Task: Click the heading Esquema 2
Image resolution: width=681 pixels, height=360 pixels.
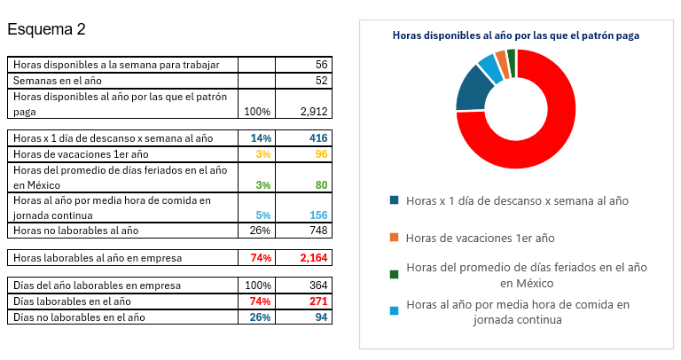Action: pos(46,29)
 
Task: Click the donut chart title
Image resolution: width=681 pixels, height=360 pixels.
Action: pos(516,35)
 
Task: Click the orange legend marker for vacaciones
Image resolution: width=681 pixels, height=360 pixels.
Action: pos(395,239)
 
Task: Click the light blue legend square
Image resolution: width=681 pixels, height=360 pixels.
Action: pos(395,311)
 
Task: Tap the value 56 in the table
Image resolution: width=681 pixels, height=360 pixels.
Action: pos(321,65)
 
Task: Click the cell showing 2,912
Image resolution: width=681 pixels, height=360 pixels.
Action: pos(314,112)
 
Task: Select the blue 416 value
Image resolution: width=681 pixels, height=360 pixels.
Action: pos(318,138)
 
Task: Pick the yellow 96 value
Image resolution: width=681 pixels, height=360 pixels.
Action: pos(321,153)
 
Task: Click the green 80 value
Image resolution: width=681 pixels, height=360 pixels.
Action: pos(321,185)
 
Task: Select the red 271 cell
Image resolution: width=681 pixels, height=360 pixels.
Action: pos(318,301)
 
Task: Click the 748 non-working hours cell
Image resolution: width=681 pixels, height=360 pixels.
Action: pos(318,231)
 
